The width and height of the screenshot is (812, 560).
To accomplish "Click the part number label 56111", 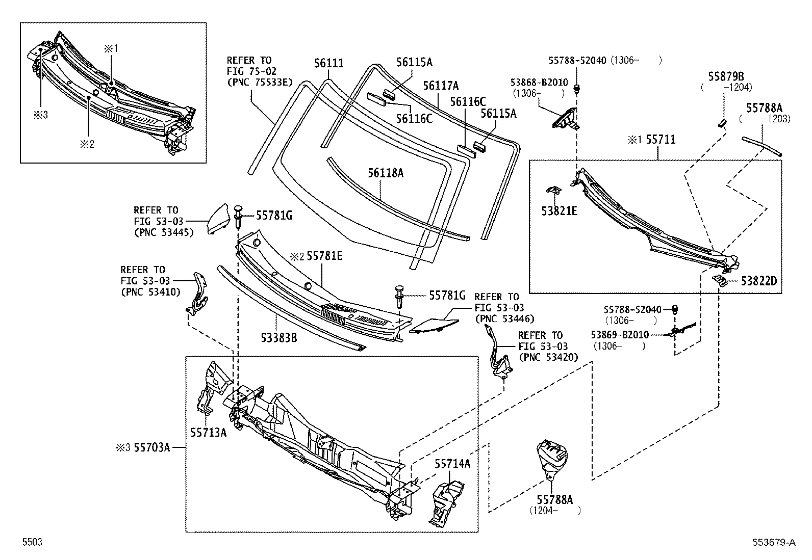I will [x=328, y=63].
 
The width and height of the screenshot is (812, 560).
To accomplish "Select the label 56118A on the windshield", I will [x=385, y=173].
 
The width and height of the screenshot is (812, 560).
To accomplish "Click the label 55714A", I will [x=452, y=463].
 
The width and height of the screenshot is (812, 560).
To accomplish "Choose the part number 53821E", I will [x=560, y=210].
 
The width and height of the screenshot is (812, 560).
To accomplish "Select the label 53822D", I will [x=758, y=281].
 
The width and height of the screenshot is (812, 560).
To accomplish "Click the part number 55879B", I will [x=726, y=76].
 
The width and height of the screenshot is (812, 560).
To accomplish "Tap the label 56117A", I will [x=441, y=86].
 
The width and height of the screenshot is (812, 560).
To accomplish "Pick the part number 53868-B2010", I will [x=539, y=83].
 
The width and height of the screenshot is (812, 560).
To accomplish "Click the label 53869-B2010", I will [x=620, y=335].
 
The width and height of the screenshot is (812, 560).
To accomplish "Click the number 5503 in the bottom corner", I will [x=32, y=543].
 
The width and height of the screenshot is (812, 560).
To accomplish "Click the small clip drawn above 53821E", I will [x=553, y=190].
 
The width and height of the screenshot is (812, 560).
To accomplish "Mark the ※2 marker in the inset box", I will [x=85, y=144].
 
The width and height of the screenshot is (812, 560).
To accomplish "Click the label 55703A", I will [x=151, y=448].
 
